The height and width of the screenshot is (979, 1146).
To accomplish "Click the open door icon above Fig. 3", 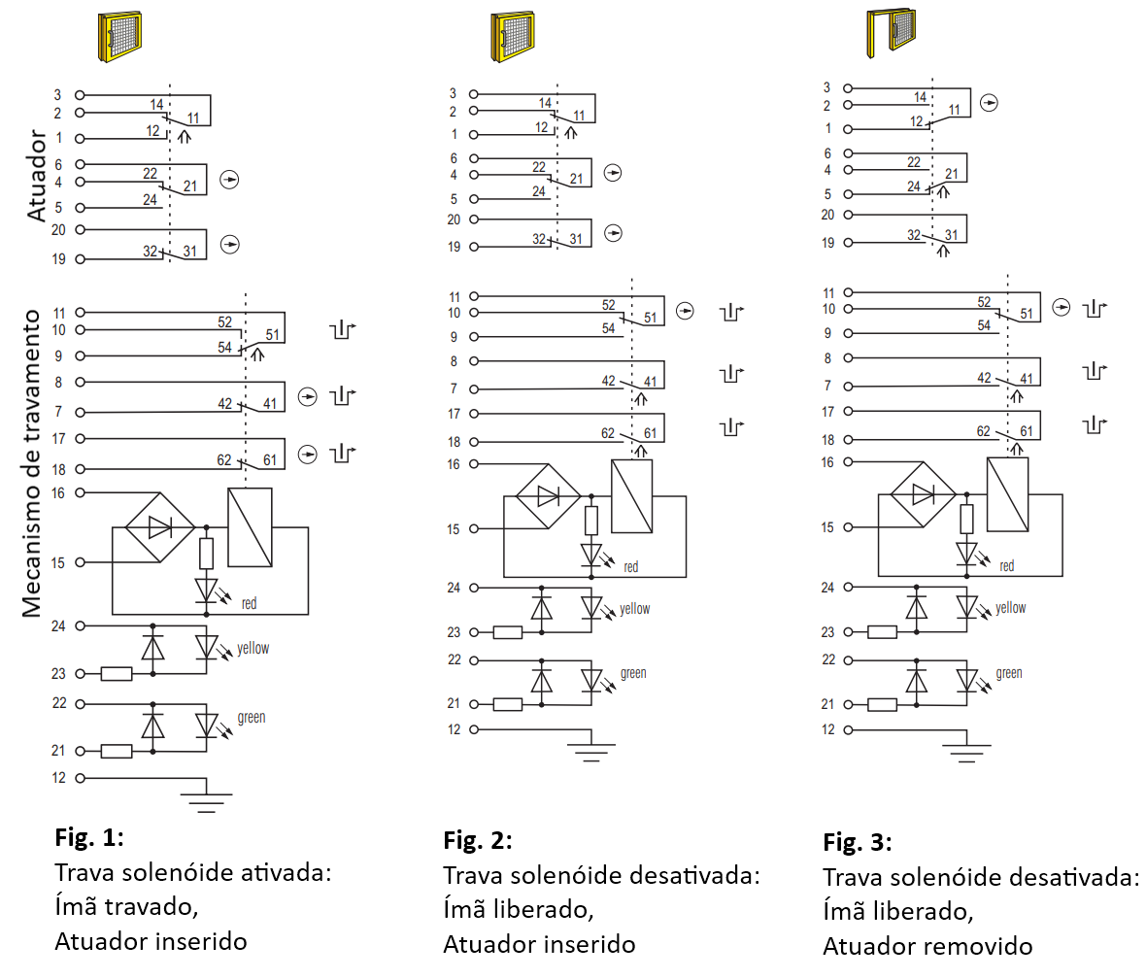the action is pyautogui.click(x=891, y=32).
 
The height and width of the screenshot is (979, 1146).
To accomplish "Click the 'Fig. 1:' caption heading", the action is pyautogui.click(x=89, y=837).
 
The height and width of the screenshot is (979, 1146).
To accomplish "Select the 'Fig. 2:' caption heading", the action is pyautogui.click(x=477, y=841).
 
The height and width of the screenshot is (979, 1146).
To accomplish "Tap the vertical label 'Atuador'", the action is pyautogui.click(x=37, y=176).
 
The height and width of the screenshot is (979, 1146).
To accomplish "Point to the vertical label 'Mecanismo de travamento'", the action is pyautogui.click(x=31, y=463).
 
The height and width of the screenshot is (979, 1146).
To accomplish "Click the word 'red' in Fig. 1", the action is pyautogui.click(x=250, y=603).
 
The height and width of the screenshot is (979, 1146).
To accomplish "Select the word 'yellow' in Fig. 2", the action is pyautogui.click(x=634, y=609).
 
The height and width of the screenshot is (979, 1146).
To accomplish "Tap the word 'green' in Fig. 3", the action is pyautogui.click(x=1009, y=673).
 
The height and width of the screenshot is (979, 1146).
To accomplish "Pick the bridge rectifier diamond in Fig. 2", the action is pyautogui.click(x=548, y=496).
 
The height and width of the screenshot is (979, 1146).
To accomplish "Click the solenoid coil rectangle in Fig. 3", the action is pyautogui.click(x=1007, y=494).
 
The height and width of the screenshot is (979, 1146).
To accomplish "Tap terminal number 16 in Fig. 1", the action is pyautogui.click(x=57, y=492).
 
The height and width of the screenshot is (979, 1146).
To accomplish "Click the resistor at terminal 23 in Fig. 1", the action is pyautogui.click(x=117, y=673).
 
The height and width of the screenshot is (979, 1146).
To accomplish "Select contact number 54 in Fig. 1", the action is pyautogui.click(x=224, y=348).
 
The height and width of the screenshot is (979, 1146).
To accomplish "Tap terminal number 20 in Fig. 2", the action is pyautogui.click(x=454, y=219).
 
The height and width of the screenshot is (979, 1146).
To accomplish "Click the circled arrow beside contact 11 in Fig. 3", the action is pyautogui.click(x=989, y=103).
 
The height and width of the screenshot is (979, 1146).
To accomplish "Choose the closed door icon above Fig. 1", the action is pyautogui.click(x=119, y=36).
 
